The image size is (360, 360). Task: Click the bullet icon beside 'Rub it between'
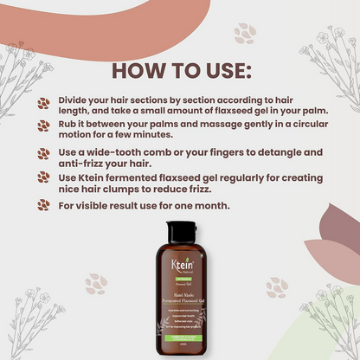[x=43, y=126]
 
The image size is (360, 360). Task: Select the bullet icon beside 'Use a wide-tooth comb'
[x=43, y=153]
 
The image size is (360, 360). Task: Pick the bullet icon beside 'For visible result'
[x=43, y=207]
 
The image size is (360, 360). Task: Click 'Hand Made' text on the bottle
[x=179, y=293]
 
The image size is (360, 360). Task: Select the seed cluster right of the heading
[x=245, y=33]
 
